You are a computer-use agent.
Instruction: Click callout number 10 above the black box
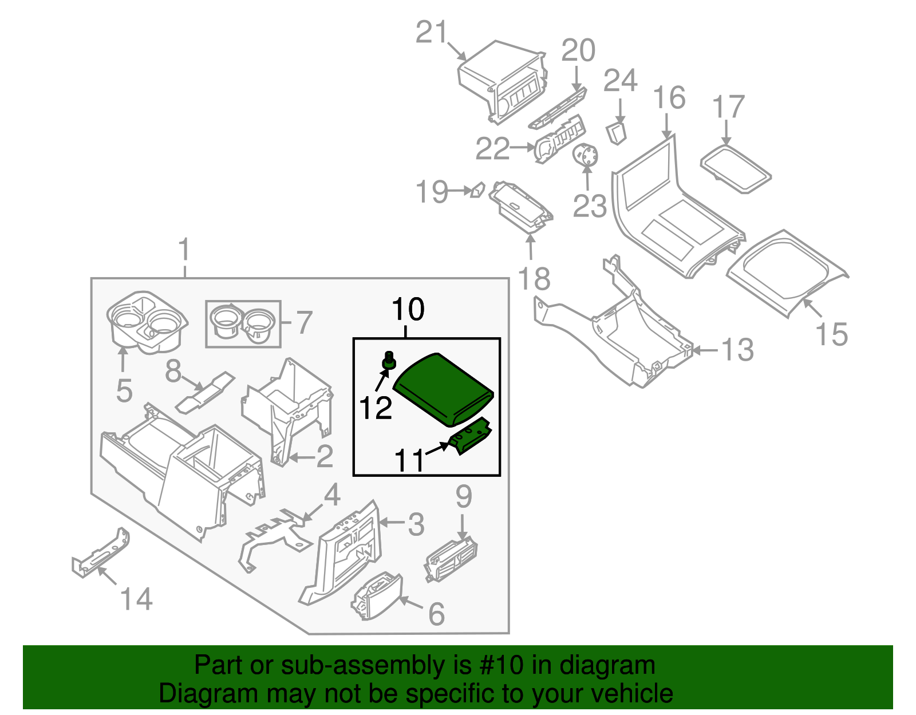(408, 310)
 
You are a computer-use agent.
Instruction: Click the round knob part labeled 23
(586, 155)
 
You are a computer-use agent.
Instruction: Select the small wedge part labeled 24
(617, 132)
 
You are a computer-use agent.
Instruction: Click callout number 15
(831, 334)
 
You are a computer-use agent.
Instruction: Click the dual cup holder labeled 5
(147, 323)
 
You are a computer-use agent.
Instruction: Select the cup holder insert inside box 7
(243, 324)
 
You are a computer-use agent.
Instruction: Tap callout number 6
(436, 614)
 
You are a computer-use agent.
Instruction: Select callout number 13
(737, 350)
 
